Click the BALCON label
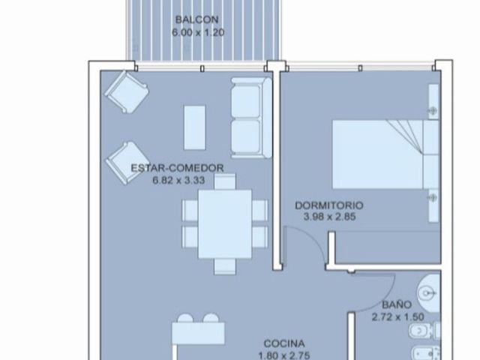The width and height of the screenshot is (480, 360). pyautogui.click(x=196, y=19)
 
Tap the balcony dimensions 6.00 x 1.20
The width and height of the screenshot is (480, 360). pyautogui.click(x=198, y=32)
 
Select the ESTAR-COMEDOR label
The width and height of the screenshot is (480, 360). pyautogui.click(x=177, y=168)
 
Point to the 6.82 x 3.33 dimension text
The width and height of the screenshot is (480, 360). pyautogui.click(x=178, y=180)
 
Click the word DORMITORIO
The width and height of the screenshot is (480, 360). pyautogui.click(x=329, y=205)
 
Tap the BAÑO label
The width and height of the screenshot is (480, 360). pyautogui.click(x=397, y=304)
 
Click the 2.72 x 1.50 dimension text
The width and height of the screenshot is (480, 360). pyautogui.click(x=397, y=316)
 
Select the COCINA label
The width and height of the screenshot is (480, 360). pyautogui.click(x=284, y=343)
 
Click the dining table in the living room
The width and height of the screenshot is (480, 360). pyautogui.click(x=225, y=224)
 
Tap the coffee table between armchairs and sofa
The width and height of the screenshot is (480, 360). pyautogui.click(x=195, y=127)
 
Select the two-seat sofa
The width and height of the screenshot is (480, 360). pyautogui.click(x=251, y=118)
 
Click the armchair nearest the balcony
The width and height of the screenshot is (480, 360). pyautogui.click(x=127, y=91)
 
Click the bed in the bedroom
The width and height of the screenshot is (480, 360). pyautogui.click(x=385, y=154)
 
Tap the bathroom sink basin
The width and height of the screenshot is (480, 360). pyautogui.click(x=428, y=293)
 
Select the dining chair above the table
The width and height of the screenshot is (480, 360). pyautogui.click(x=225, y=181)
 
